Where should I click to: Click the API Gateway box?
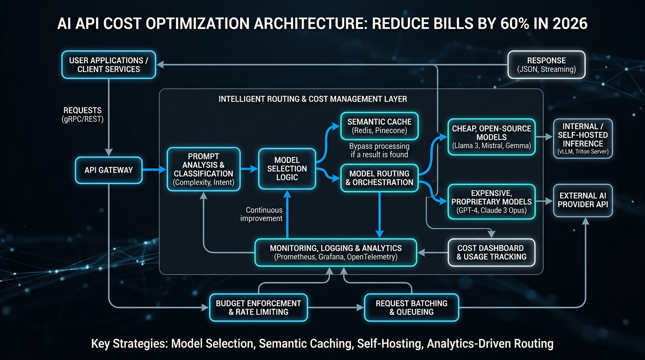[109, 170]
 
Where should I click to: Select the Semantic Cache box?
[380, 126]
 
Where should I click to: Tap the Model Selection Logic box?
[287, 169]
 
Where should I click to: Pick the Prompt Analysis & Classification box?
[203, 169]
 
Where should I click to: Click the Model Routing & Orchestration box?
[379, 178]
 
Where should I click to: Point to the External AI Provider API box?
[583, 201]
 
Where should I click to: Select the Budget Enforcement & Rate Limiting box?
[258, 307]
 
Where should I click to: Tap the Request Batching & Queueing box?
[412, 307]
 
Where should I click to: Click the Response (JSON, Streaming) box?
[546, 65]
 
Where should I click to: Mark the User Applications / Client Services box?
[108, 65]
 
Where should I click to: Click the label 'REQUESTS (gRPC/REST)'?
[83, 115]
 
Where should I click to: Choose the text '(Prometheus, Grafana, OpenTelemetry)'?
[335, 257]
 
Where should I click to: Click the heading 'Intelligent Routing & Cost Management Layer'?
[313, 99]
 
